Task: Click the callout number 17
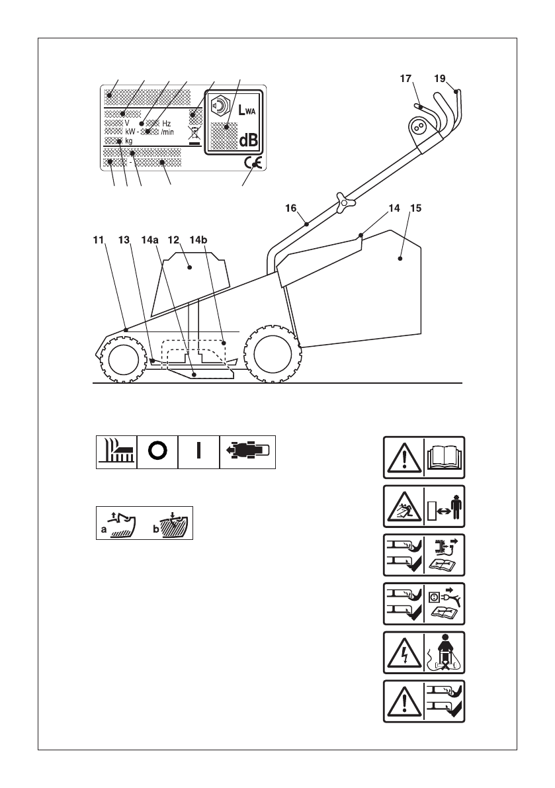tap(406, 78)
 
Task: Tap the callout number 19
tap(440, 77)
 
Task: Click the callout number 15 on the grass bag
tap(415, 207)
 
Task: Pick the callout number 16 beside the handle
tap(290, 207)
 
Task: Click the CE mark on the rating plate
tap(251, 162)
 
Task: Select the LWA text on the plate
tap(244, 111)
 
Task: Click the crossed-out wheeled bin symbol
tap(194, 133)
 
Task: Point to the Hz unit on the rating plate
tap(167, 123)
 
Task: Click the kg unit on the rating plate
tap(129, 140)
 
